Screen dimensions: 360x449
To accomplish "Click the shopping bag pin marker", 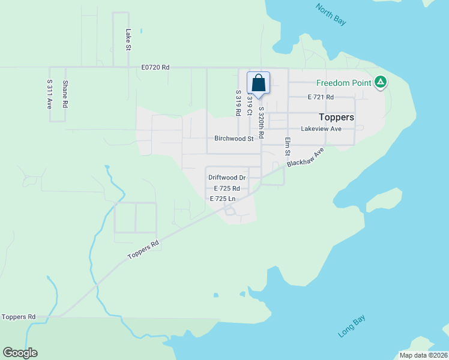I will pyautogui.click(x=258, y=83).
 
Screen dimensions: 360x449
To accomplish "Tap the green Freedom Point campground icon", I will pyautogui.click(x=380, y=82).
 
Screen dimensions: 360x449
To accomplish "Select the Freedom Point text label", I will pyautogui.click(x=344, y=83).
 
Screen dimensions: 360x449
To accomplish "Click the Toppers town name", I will pyautogui.click(x=336, y=117).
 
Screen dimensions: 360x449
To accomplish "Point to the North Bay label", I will pyautogui.click(x=331, y=14).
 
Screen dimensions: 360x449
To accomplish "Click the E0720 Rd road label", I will pyautogui.click(x=156, y=67).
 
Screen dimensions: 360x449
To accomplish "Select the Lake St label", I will pyautogui.click(x=128, y=40).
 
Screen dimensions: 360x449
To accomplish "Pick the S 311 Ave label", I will pyautogui.click(x=50, y=94).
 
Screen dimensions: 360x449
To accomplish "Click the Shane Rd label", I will pyautogui.click(x=65, y=94).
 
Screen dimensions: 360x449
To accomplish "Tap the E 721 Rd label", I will pyautogui.click(x=321, y=97).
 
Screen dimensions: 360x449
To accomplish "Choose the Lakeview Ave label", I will pyautogui.click(x=321, y=128).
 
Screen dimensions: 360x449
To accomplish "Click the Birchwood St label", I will pyautogui.click(x=234, y=139).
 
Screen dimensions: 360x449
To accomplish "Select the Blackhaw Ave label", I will pyautogui.click(x=306, y=157).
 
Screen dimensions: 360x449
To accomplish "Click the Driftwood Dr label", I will pyautogui.click(x=227, y=178).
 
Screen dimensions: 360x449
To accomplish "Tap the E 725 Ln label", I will pyautogui.click(x=222, y=198).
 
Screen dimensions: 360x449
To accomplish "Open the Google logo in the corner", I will pyautogui.click(x=20, y=353).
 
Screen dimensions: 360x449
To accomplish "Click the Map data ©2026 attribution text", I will pyautogui.click(x=424, y=355).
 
